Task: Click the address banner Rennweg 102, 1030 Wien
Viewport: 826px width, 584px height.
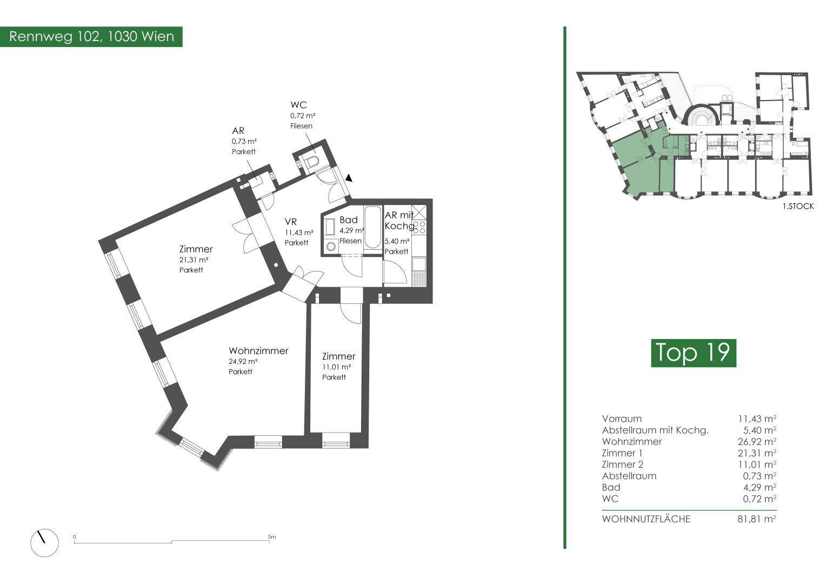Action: tap(91, 37)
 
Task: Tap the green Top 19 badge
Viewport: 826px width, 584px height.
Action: tap(693, 353)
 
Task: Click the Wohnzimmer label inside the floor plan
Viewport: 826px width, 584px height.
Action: tap(258, 351)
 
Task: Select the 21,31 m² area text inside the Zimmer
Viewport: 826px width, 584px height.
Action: tap(194, 260)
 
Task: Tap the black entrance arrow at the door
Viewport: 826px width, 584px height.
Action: tap(349, 177)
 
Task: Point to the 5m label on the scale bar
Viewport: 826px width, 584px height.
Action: tap(271, 537)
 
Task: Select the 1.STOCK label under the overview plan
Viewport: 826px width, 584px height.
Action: tap(797, 206)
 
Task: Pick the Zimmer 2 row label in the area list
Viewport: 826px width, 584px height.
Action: tap(622, 464)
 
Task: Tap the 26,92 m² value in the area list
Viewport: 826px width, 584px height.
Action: tap(757, 442)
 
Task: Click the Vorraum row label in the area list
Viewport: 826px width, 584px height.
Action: tap(622, 419)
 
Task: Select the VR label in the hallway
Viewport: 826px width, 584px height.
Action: tap(291, 222)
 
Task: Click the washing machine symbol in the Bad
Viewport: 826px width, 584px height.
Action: tap(331, 246)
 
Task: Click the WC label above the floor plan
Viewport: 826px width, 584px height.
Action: tap(298, 105)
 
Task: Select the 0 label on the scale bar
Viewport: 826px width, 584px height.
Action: tap(75, 537)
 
